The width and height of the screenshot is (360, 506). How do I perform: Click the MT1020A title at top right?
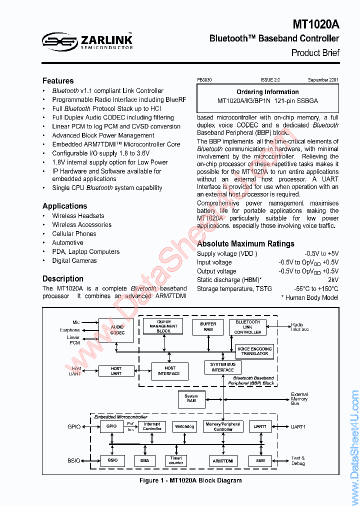pos(316,24)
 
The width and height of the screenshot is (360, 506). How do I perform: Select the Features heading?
pos(58,81)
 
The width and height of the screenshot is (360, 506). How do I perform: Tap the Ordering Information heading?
pos(267,92)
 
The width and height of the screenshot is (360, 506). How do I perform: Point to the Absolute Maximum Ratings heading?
pos(245,244)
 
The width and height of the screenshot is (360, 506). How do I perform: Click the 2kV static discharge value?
pos(333,280)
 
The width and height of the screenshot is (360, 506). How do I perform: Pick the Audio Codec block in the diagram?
pos(117,330)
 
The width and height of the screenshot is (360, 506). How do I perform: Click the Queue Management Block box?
pos(163,326)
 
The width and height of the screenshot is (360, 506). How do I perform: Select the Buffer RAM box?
pos(208,326)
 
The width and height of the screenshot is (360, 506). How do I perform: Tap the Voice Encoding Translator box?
pos(254,351)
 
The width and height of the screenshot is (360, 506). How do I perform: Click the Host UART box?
pos(116,371)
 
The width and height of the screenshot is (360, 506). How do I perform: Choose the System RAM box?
pos(191,398)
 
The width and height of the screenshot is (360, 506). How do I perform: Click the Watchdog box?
pos(184,426)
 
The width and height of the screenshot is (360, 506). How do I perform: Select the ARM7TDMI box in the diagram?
pos(222,460)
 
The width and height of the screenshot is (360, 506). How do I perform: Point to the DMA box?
pos(144,460)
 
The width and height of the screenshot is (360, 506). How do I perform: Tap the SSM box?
pos(260,460)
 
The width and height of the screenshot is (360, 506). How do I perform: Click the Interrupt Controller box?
pos(152,426)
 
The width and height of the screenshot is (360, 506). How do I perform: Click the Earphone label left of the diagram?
pos(70,330)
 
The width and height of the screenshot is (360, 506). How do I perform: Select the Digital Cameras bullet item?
pos(74,260)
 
